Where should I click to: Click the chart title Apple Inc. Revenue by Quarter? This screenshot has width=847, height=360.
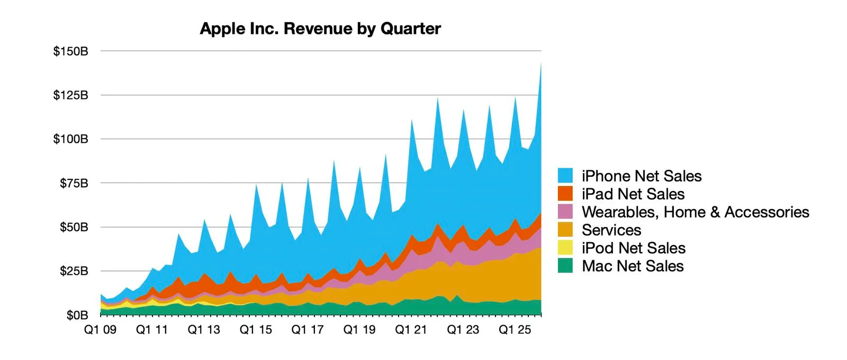coord(320,29)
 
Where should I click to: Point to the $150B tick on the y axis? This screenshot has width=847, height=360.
coord(70,51)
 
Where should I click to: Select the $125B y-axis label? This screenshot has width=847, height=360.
coord(70,95)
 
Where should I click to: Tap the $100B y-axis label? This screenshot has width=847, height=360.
coord(70,139)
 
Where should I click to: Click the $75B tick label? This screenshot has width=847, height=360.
coord(74,183)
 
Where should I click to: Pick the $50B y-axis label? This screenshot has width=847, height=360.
coord(74,227)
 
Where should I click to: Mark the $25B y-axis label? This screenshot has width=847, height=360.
coord(74,271)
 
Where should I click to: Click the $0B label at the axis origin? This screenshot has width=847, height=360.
coord(77,316)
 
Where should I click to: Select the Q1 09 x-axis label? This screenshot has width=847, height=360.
coord(101,330)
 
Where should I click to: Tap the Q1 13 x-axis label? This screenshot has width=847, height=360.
coord(204,330)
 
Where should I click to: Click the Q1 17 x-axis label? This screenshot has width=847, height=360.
coord(308,330)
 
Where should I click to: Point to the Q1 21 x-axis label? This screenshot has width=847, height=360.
coord(411,330)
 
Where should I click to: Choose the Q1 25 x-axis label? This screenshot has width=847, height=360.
coord(515,330)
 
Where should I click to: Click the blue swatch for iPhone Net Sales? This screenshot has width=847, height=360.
coord(565,176)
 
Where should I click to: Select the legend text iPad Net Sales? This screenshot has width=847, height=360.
coord(633,194)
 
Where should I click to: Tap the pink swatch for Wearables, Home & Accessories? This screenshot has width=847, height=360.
coord(565,212)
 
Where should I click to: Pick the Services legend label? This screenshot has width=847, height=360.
coord(611,230)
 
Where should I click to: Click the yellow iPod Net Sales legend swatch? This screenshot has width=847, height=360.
coord(565,248)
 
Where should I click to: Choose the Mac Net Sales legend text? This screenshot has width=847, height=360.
coord(633,266)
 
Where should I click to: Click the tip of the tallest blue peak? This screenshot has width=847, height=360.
coord(540,64)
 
